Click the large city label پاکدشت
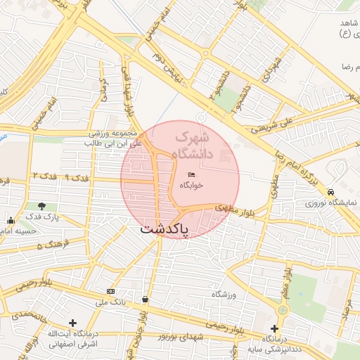[x=164, y=229]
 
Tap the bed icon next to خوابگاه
[x=191, y=174]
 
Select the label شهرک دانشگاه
[x=189, y=145]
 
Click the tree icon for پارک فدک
[x=41, y=206]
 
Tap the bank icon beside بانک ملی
[x=110, y=291]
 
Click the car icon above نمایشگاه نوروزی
[x=330, y=191]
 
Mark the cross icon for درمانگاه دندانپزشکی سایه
[x=275, y=328]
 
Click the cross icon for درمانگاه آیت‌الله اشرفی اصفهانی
[x=72, y=322]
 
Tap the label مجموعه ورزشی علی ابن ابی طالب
[x=113, y=138]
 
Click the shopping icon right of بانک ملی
[x=145, y=299]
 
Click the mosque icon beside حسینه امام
[x=10, y=221]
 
